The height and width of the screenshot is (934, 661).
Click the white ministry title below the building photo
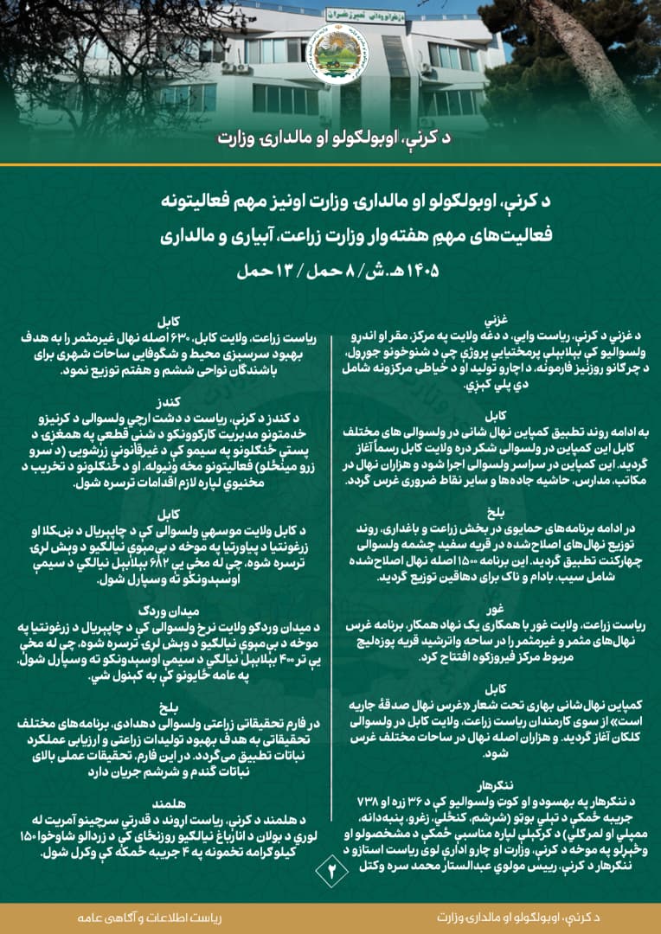[x=330, y=139]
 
